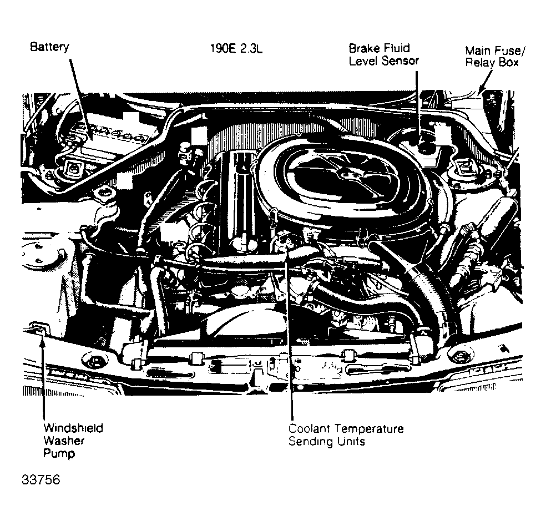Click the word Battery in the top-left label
tap(49, 47)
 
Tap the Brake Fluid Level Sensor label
tap(383, 54)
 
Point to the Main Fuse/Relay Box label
tap(495, 57)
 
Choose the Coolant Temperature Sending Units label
tap(346, 435)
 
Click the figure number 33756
tap(41, 479)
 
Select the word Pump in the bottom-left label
tap(59, 453)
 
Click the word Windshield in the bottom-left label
tap(73, 428)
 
